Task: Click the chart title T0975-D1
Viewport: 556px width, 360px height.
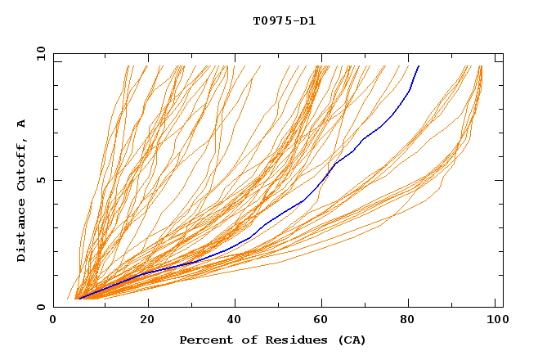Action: pos(284,20)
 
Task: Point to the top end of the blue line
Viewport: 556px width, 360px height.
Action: pos(419,66)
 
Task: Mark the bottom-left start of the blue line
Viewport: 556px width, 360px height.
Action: pos(80,299)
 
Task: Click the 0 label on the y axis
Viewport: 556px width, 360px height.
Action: pos(41,307)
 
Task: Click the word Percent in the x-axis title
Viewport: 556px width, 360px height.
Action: pos(204,340)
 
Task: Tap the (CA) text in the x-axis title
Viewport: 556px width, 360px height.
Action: pos(350,340)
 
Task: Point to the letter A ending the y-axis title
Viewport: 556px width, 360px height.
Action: pos(21,124)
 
